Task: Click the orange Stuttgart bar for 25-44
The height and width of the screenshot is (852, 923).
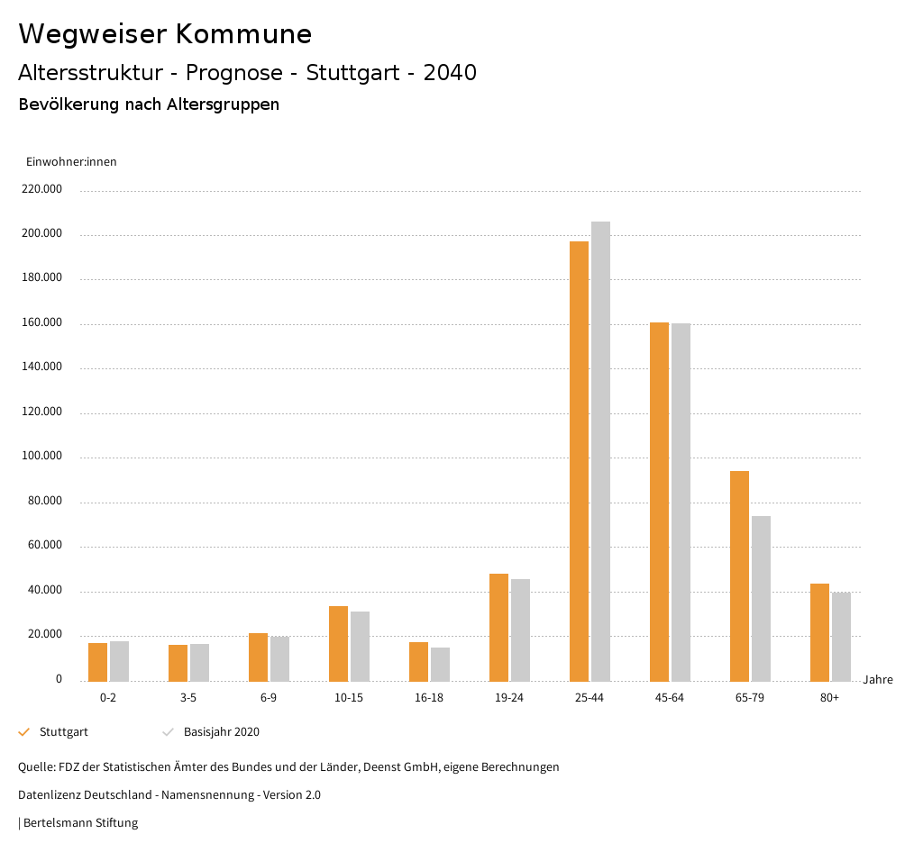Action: coord(579,460)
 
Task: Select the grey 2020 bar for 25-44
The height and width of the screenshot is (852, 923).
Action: coord(600,450)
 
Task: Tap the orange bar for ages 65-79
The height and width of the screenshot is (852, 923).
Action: coord(739,576)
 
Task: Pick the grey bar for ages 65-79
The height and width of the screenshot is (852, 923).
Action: coord(761,598)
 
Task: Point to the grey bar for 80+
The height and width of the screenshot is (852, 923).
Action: coord(841,636)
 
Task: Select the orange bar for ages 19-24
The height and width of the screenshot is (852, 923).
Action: coord(498,627)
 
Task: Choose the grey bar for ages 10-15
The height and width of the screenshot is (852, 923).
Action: coord(360,646)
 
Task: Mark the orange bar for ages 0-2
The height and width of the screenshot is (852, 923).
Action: coord(97,662)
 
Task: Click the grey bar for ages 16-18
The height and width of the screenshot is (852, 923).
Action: coord(440,664)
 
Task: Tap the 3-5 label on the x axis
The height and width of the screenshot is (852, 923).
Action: coord(188,698)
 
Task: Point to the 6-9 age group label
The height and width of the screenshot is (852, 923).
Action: coord(269,698)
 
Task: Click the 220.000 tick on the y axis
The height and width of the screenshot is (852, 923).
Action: coord(43,189)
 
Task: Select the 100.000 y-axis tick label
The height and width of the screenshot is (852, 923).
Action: coord(43,456)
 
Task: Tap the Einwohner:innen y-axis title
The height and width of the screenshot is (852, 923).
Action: coord(71,162)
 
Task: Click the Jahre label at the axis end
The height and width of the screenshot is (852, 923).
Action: coord(878,680)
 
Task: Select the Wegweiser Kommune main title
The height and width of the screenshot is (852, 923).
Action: coord(165,34)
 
